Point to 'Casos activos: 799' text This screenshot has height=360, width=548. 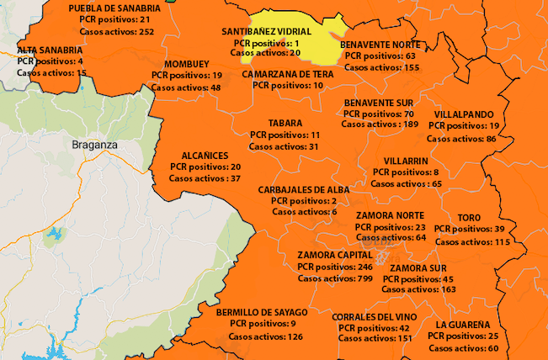pos(335,278)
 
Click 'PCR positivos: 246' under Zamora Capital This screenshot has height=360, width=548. pos(335,267)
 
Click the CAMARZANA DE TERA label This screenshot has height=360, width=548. pos(288,74)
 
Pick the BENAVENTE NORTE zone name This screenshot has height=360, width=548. pos(381,45)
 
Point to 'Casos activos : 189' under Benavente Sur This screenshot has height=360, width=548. pos(380,124)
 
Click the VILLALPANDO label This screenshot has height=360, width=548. pos(464,114)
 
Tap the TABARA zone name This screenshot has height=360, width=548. pos(285,123)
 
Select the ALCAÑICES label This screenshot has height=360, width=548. pos(205,156)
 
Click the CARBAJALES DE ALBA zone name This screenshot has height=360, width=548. pos(304,190)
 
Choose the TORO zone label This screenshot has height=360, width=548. pos(469,218)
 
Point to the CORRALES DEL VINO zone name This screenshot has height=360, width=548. pos(375,317)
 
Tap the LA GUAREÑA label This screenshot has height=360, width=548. pos(463,325)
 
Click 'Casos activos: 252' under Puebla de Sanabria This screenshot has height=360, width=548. pos(117,31)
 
